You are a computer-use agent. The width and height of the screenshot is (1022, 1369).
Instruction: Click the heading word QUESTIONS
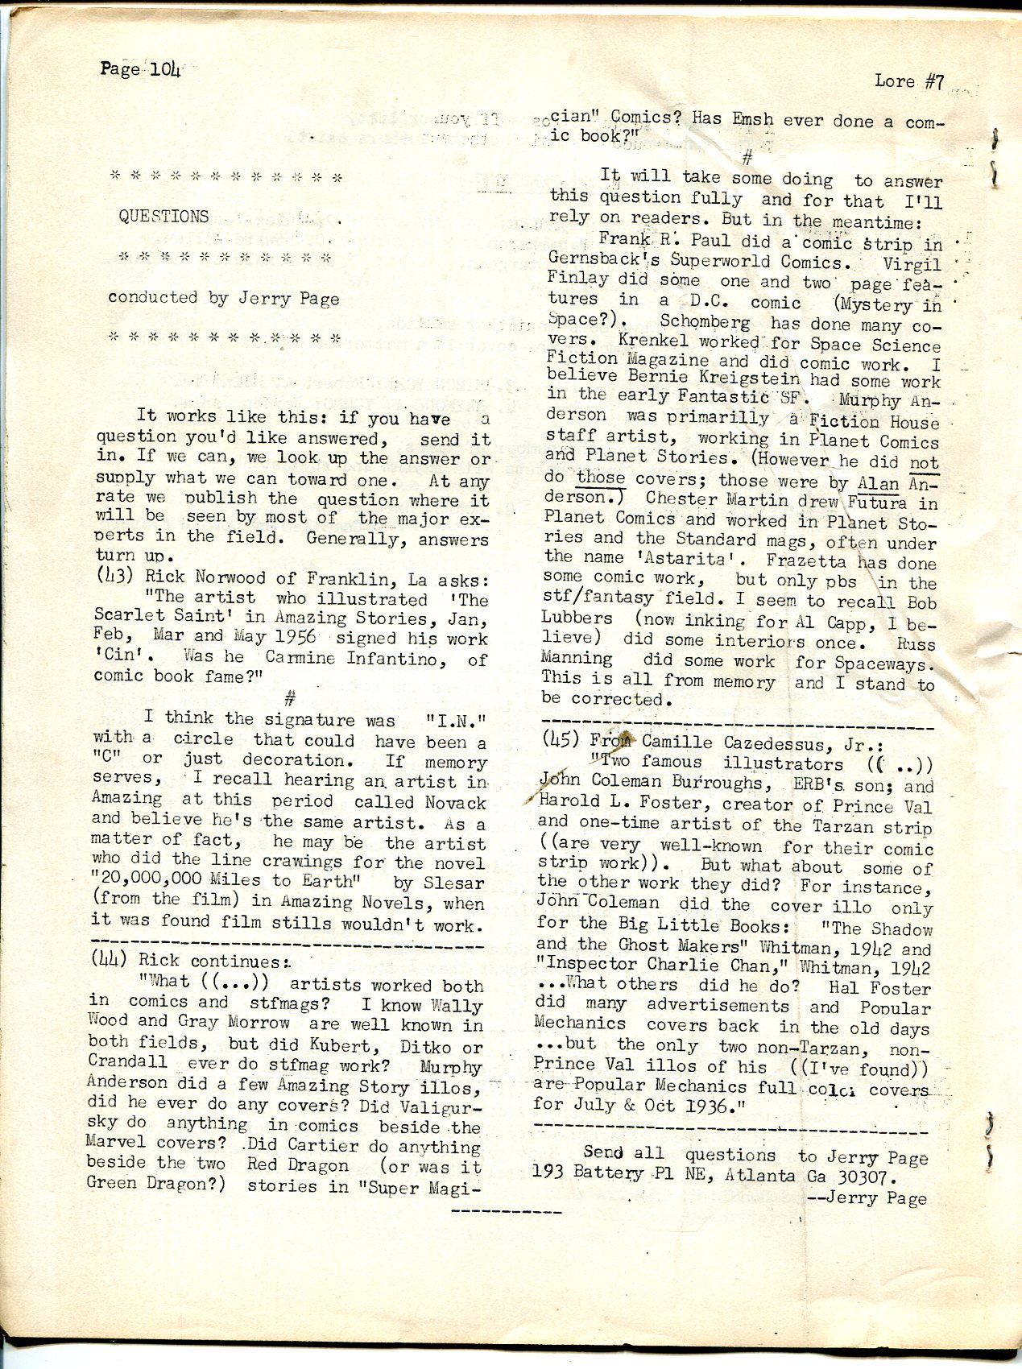pos(163,216)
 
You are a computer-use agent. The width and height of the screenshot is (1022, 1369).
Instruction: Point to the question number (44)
pos(108,959)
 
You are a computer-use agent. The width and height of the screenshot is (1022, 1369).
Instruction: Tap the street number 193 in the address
pos(550,1175)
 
